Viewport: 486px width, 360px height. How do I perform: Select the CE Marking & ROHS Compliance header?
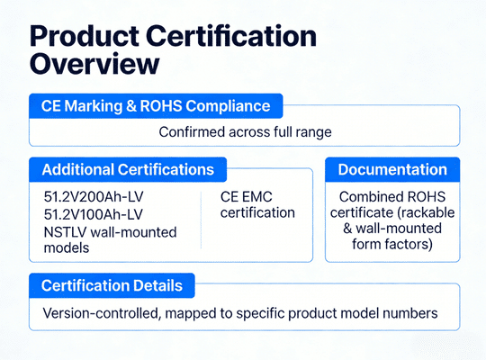[155, 105]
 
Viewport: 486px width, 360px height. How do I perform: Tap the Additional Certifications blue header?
[128, 169]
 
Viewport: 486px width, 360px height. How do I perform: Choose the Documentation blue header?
[391, 169]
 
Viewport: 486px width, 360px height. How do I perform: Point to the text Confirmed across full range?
[244, 131]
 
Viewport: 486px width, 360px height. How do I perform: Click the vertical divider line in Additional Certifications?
[201, 217]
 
